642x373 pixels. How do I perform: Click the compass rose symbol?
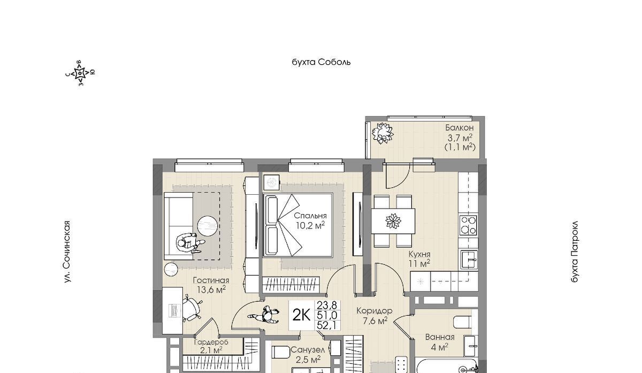[x=80, y=73]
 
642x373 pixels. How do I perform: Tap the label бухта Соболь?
[x=321, y=62]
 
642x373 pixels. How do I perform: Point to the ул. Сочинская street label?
[x=67, y=252]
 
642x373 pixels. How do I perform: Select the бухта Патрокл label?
[x=575, y=252]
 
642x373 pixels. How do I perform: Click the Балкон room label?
[x=460, y=127]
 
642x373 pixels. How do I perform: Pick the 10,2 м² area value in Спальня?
[x=310, y=225]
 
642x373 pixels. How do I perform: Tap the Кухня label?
[x=419, y=254]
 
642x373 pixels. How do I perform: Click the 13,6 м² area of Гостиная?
[x=211, y=290]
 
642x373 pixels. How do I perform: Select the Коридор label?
[x=374, y=310]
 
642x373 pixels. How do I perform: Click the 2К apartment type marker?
[x=301, y=315]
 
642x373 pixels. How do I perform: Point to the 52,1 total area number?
[x=327, y=325]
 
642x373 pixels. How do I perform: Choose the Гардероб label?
[x=211, y=342]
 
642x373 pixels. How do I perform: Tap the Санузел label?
[x=308, y=350]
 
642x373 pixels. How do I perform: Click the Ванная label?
[x=440, y=337]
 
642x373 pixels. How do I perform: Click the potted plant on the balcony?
[x=383, y=133]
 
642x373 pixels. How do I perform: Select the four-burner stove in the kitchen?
[x=468, y=225]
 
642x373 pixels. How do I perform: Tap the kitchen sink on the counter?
[x=469, y=260]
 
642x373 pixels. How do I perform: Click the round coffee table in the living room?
[x=208, y=226]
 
